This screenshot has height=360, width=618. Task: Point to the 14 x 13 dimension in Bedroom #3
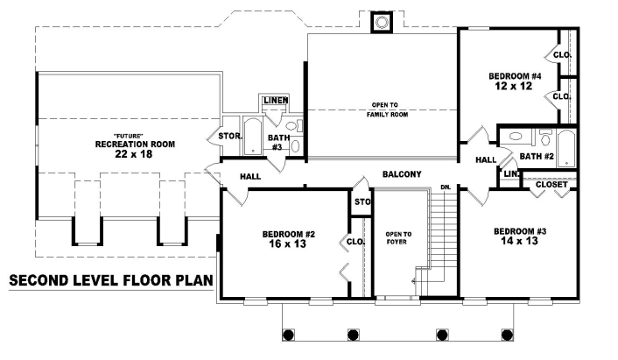519,242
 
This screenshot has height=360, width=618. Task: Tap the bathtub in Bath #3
252,137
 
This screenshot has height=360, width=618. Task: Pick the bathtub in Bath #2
565,147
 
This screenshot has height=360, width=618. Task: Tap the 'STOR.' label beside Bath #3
229,137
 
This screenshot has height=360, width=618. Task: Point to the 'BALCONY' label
402,174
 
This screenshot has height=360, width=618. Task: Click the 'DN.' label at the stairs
445,187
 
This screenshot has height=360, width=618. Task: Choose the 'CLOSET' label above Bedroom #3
551,185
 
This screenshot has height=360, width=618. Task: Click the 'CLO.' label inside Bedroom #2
355,242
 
